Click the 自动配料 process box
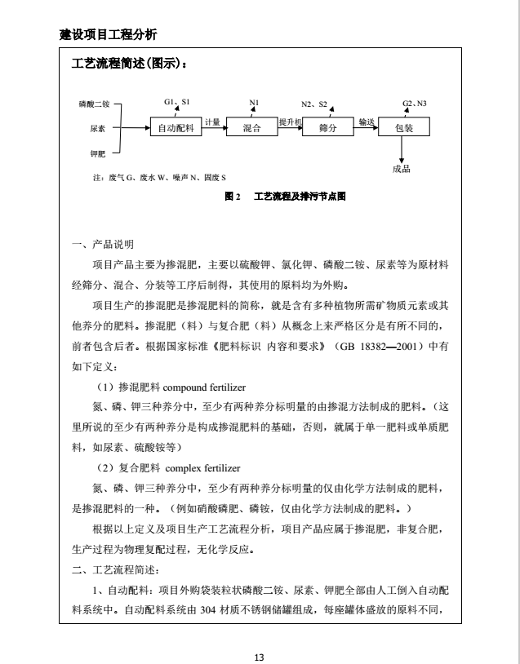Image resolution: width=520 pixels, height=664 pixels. pyautogui.click(x=175, y=129)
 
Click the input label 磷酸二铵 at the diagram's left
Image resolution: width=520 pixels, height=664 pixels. pyautogui.click(x=95, y=104)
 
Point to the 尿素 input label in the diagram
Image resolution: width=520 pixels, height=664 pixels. pyautogui.click(x=96, y=129)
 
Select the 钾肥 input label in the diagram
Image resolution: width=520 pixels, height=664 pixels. pyautogui.click(x=96, y=153)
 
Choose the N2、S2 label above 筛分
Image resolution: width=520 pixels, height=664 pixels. pyautogui.click(x=314, y=104)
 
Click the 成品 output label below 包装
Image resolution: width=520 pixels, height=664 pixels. pyautogui.click(x=401, y=169)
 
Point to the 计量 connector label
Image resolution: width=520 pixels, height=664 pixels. pyautogui.click(x=212, y=122)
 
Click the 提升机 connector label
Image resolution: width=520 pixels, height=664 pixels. pyautogui.click(x=290, y=122)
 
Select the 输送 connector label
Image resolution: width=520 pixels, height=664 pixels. pyautogui.click(x=366, y=122)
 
